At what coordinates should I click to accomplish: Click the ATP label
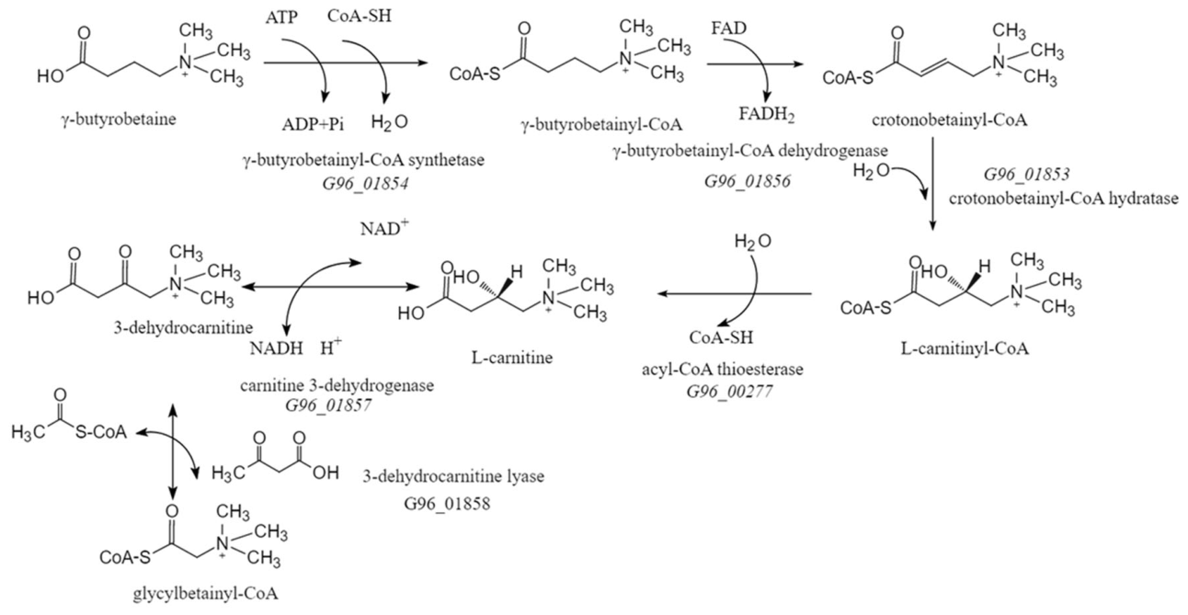[x=281, y=17]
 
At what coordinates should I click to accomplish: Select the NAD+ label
[x=384, y=228]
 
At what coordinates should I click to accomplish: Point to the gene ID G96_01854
[x=365, y=184]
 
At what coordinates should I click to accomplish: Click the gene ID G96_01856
[x=748, y=181]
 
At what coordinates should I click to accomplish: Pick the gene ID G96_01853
[x=1027, y=175]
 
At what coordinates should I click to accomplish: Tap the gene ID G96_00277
[x=730, y=392]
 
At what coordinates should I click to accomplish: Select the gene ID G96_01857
[x=329, y=405]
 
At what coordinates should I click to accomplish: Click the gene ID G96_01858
[x=447, y=503]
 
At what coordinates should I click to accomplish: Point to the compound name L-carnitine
[x=512, y=358]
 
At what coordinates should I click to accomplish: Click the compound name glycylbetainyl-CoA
[x=205, y=594]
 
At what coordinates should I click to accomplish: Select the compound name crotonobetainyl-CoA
[x=949, y=120]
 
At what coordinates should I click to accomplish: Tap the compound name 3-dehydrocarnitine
[x=183, y=327]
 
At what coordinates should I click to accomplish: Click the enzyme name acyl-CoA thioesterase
[x=723, y=369]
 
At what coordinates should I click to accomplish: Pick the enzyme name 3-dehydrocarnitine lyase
[x=453, y=476]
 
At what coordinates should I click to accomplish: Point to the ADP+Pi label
[x=313, y=124]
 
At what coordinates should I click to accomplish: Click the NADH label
[x=277, y=348]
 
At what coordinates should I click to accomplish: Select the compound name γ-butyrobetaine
[x=119, y=120]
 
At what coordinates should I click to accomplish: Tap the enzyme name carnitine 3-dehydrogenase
[x=337, y=385]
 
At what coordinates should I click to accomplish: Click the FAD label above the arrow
[x=729, y=28]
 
